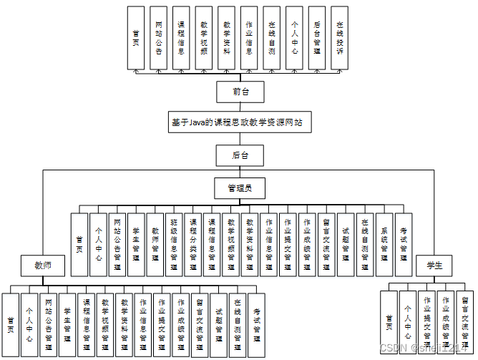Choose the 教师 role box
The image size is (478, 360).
(44, 266)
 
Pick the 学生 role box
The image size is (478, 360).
(434, 266)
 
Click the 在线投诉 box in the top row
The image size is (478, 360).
(339, 38)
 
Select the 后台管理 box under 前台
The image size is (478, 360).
(317, 38)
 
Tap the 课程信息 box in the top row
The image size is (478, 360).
(181, 38)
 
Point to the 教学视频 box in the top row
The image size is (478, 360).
(204, 38)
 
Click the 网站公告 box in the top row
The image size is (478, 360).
(158, 38)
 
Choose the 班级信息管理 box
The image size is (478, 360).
(174, 245)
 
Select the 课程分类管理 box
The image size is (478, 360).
(193, 245)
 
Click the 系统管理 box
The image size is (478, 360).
(384, 245)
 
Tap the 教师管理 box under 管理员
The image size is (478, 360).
(155, 245)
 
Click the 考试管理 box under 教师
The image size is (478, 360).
(257, 325)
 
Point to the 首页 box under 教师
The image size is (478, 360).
(11, 325)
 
